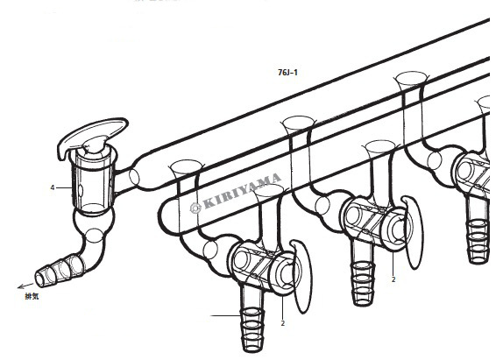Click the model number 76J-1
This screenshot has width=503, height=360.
pos(287,73)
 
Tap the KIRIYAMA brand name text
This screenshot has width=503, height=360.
pos(242,191)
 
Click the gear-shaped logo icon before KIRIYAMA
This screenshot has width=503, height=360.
pos(195,208)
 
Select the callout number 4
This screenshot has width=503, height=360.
pos(53,187)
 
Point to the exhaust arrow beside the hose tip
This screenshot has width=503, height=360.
pos(25,286)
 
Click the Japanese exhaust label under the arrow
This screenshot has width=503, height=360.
pos(32,296)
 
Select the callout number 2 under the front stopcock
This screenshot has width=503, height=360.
pos(283,323)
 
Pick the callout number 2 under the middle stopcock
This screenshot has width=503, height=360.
pos(393,279)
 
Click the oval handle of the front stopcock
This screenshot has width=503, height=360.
pos(302,276)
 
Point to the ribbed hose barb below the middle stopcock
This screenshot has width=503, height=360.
pos(363,283)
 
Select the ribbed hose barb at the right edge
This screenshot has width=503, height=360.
pos(478,241)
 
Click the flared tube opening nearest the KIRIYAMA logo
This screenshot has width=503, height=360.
pos(187,167)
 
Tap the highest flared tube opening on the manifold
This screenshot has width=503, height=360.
pos(412,78)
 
